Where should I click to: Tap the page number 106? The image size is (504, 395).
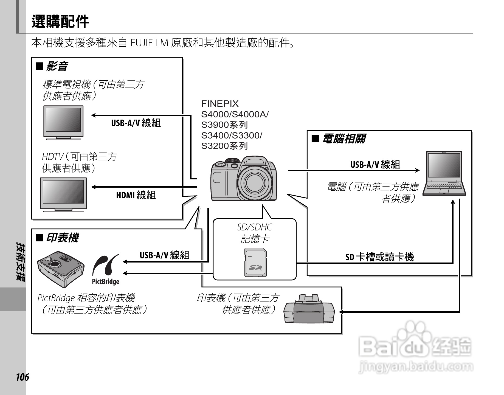pos(22,377)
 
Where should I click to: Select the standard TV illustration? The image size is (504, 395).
pos(63,122)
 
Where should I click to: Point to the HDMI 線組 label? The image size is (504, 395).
pos(136,195)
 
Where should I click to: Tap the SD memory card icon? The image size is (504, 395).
pos(255,262)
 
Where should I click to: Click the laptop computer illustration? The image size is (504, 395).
pos(444,173)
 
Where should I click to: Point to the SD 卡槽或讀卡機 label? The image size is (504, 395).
pos(379,257)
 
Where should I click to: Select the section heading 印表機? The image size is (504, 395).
pos(62,238)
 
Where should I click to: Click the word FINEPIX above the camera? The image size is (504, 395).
pos(220,104)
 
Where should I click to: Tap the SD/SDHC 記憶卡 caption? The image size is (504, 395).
pos(255,233)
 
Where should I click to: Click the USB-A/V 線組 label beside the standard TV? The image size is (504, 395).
pos(136,123)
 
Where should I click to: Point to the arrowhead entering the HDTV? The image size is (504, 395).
pos(94,187)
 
